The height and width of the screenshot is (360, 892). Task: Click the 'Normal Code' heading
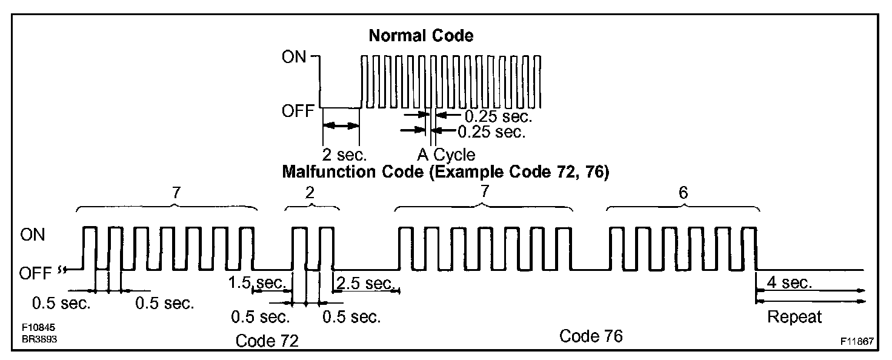coord(421,36)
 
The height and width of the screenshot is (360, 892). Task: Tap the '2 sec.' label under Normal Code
coord(342,153)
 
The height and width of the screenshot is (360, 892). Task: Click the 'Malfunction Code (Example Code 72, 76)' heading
coord(445,172)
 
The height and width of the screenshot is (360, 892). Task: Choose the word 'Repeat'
coord(794,317)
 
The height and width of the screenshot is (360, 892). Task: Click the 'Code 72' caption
coord(267,341)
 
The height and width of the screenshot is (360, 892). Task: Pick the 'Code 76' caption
coord(591,336)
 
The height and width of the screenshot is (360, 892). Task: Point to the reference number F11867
coord(856,342)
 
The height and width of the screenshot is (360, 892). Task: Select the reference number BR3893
coord(36,339)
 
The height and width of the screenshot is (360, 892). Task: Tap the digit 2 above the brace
coord(312,193)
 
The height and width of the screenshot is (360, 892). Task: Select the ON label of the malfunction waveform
coord(33,235)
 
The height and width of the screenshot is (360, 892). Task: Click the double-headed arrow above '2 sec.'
coord(341,125)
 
